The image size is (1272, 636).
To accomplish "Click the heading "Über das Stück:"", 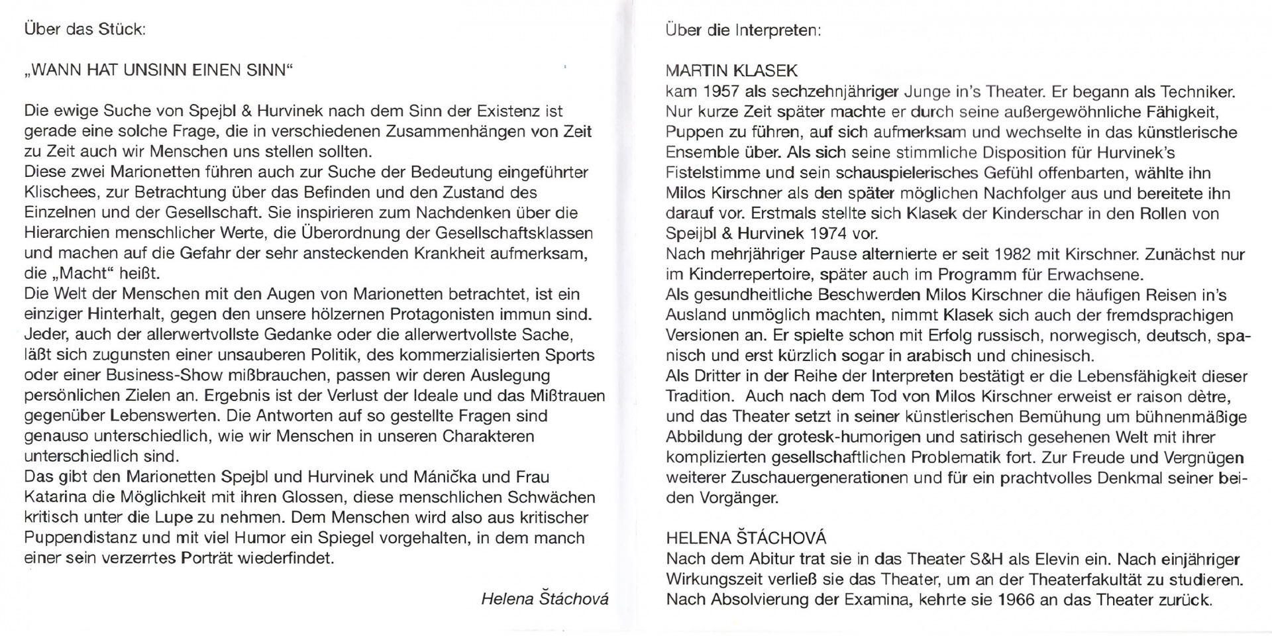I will click(85, 30).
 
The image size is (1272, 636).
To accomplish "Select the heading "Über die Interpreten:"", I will click(743, 30).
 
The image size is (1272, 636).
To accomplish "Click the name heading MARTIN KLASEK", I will click(731, 71).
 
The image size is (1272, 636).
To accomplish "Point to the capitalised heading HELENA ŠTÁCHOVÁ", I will click(746, 538).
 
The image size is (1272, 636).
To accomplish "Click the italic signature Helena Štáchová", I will click(544, 599).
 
